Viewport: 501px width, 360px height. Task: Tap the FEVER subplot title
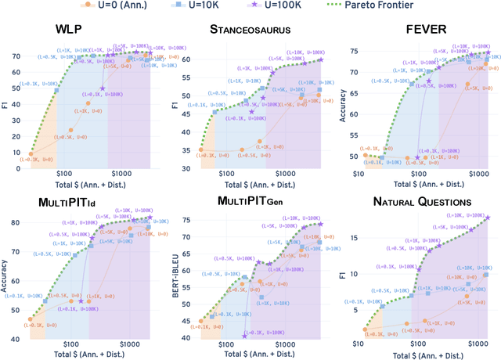click(x=427, y=31)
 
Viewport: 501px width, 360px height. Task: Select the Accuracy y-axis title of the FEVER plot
click(x=343, y=102)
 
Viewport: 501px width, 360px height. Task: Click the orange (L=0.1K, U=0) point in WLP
click(x=31, y=155)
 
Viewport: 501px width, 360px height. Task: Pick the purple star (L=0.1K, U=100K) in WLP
click(x=103, y=88)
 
